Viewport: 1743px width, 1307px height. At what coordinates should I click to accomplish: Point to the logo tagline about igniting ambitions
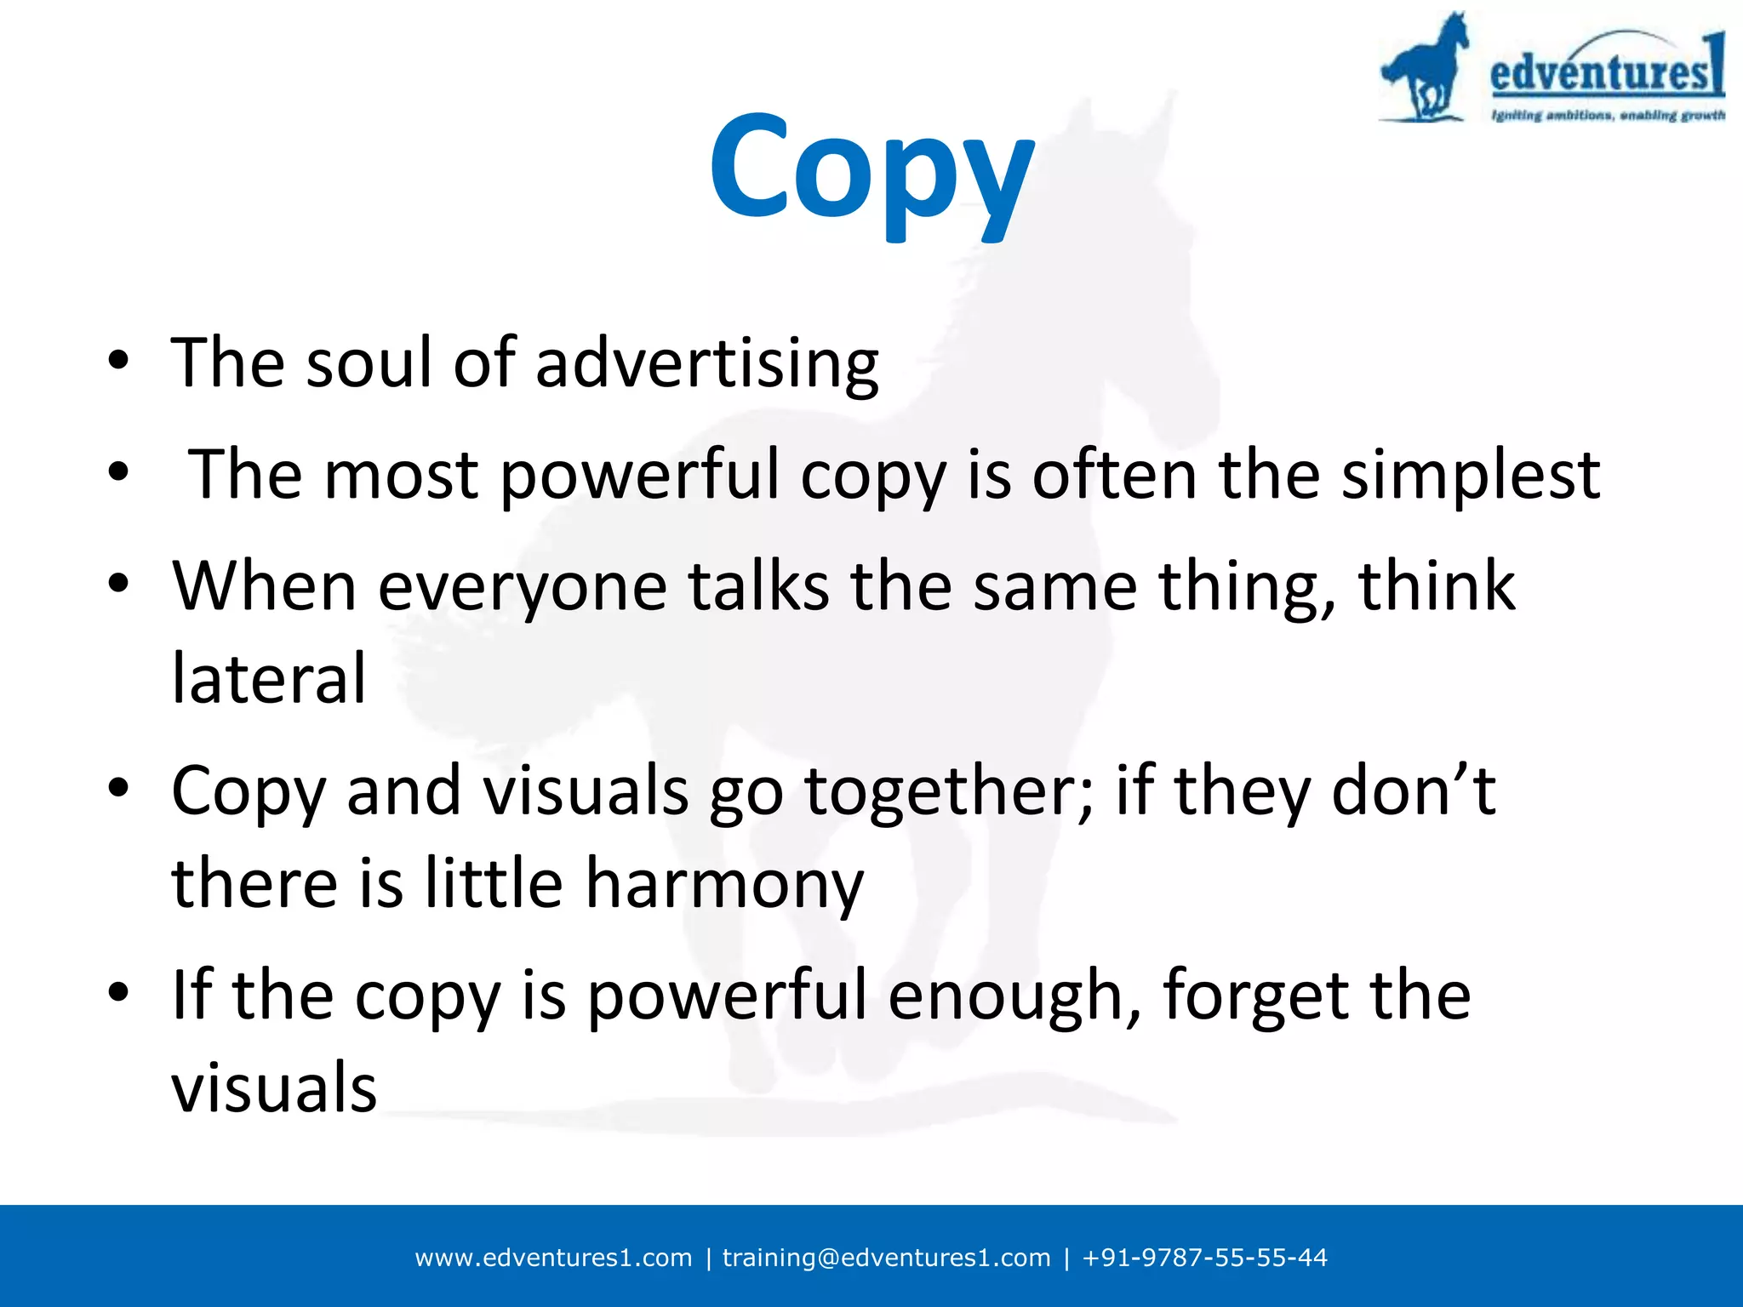[x=1608, y=116]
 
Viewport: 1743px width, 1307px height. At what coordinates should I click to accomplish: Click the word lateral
[x=269, y=678]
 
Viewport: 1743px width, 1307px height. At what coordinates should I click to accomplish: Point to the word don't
[x=1413, y=791]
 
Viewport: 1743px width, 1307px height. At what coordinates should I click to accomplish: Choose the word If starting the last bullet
[x=191, y=996]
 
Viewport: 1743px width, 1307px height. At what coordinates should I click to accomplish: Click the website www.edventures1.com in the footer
[x=553, y=1258]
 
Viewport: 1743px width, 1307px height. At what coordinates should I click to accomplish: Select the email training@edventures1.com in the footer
[x=886, y=1258]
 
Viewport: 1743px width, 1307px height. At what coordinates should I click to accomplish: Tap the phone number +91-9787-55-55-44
[x=1204, y=1258]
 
